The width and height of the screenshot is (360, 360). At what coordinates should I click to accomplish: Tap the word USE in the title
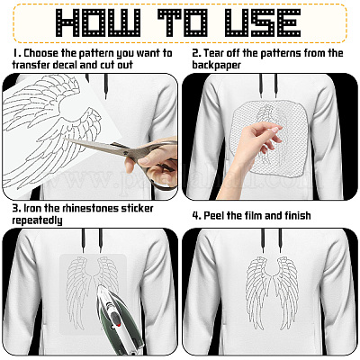263,22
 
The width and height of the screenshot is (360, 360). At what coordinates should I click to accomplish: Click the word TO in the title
183,22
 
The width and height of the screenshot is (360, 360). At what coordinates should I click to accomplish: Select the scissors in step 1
123,160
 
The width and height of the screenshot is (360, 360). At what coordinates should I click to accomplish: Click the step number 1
15,53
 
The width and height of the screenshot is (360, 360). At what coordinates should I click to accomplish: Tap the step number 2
196,53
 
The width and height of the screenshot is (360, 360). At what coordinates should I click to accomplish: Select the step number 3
16,208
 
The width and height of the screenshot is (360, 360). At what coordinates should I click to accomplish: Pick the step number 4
196,215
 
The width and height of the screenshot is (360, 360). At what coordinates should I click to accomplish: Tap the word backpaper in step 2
216,66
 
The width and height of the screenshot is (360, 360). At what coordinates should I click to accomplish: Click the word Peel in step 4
214,216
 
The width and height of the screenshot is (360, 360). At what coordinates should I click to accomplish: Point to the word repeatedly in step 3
37,220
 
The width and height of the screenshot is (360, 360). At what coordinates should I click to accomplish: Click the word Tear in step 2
213,53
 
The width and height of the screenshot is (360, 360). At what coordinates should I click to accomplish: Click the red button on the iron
118,325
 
